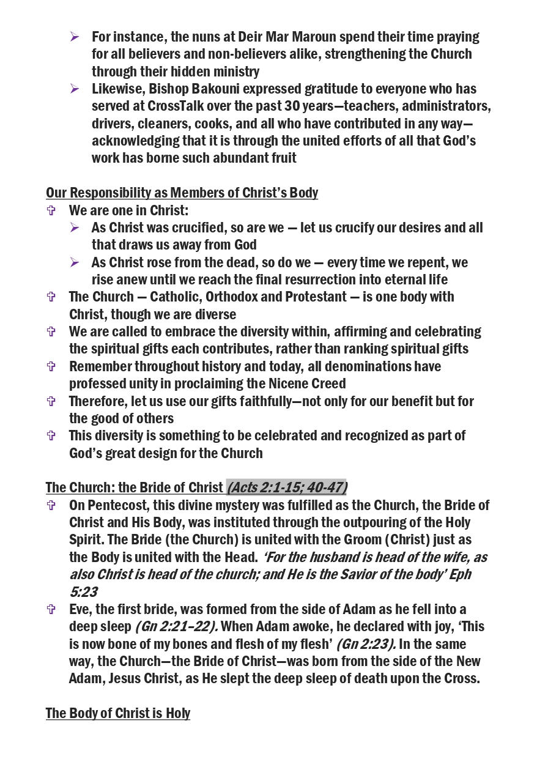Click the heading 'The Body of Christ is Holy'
coord(117,714)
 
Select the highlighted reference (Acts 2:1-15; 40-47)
coord(286,487)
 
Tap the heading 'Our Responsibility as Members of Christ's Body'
coord(182,193)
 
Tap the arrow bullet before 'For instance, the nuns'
coord(75,37)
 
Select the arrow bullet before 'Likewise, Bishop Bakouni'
coord(75,89)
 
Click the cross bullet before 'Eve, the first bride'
coord(51,609)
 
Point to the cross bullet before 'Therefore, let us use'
coord(51,401)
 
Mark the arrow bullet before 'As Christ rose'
coord(75,262)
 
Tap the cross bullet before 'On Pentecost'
coord(51,505)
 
